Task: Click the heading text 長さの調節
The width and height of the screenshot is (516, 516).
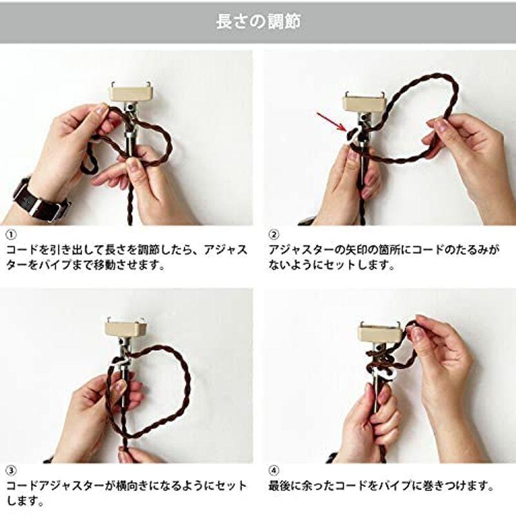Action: point(258,21)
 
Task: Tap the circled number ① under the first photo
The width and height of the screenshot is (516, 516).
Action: point(10,233)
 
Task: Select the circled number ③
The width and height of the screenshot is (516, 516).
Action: point(10,469)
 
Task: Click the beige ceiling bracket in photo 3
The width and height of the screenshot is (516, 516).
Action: point(123,327)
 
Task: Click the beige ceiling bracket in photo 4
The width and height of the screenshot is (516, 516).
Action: point(377,332)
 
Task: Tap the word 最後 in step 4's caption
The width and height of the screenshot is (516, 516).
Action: point(281,485)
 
